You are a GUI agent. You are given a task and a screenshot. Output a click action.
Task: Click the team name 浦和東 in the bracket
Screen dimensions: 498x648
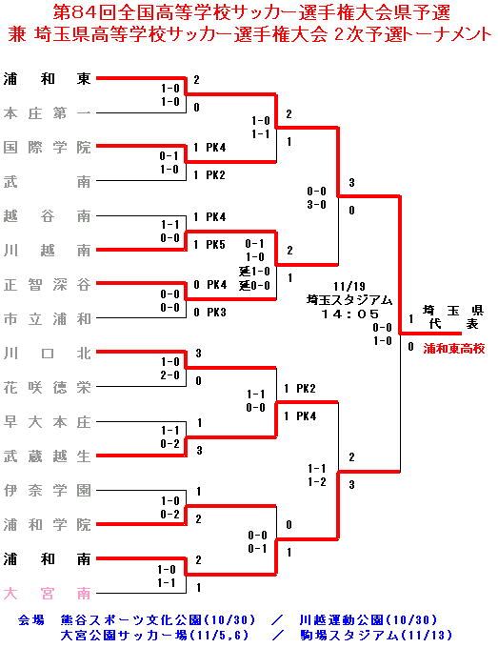(x=47, y=78)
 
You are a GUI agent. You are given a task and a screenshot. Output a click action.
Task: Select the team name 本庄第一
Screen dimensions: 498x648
(x=47, y=112)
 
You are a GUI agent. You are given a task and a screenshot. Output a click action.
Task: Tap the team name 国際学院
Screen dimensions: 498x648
(x=47, y=147)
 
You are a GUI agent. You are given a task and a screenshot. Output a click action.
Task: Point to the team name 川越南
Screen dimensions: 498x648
(x=47, y=251)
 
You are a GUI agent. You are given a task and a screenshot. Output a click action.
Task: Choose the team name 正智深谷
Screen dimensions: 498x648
(x=47, y=285)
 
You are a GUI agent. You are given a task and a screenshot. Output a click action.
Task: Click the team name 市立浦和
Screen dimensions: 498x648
(x=47, y=319)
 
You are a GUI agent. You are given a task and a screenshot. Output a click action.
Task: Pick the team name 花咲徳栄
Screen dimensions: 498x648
(x=47, y=388)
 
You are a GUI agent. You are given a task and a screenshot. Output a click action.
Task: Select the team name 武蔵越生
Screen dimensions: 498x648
(x=47, y=456)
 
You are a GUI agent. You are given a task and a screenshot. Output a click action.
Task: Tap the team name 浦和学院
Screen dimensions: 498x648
(x=47, y=525)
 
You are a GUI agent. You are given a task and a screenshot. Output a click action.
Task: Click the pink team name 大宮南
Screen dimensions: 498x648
(x=47, y=594)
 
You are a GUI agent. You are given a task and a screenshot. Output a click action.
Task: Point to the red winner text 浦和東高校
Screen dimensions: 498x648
(x=454, y=349)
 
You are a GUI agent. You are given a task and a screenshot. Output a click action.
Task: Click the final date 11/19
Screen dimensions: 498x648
(x=349, y=287)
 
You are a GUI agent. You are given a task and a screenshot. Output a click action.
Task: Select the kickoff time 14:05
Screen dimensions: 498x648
(x=349, y=314)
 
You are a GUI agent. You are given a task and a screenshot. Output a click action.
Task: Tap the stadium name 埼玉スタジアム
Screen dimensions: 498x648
(x=349, y=300)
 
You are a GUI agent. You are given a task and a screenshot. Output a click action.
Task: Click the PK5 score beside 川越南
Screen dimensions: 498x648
(x=215, y=245)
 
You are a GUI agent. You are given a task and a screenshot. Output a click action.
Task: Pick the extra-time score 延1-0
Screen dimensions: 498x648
(x=254, y=272)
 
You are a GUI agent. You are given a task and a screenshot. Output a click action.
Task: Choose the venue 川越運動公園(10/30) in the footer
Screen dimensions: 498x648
(x=368, y=620)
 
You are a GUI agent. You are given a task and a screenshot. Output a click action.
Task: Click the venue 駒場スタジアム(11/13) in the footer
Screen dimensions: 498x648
(x=376, y=635)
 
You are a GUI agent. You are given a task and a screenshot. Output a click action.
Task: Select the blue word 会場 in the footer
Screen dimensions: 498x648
(x=31, y=620)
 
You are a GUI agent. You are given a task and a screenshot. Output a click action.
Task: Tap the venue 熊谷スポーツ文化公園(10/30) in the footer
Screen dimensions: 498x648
(x=158, y=620)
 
